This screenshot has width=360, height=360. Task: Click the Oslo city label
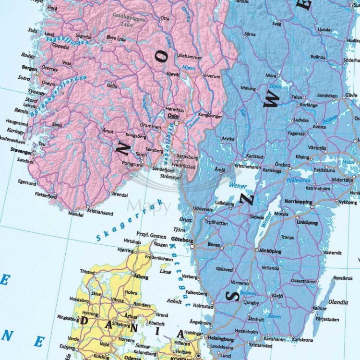click(172, 116)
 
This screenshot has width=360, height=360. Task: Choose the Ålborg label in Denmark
click(141, 276)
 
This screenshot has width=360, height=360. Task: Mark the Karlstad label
click(254, 156)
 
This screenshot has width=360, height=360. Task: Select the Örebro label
click(282, 165)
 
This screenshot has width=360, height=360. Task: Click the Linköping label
click(307, 223)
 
